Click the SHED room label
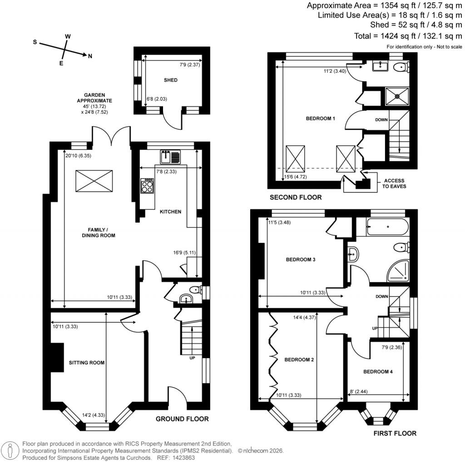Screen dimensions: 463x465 tap(171, 80)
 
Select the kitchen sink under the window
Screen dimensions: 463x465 tap(170, 157)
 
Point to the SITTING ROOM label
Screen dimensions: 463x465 tap(87, 363)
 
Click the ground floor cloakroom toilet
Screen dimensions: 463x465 tap(195, 289)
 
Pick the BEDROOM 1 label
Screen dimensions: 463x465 tap(320, 119)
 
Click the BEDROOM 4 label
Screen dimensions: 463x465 tap(378, 372)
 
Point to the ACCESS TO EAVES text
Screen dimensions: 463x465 tap(394, 183)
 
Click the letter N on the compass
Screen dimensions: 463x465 tap(90, 56)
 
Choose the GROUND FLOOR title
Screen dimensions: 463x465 tap(182, 419)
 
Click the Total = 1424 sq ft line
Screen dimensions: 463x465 tap(408, 36)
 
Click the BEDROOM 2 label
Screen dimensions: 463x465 tap(299, 360)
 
